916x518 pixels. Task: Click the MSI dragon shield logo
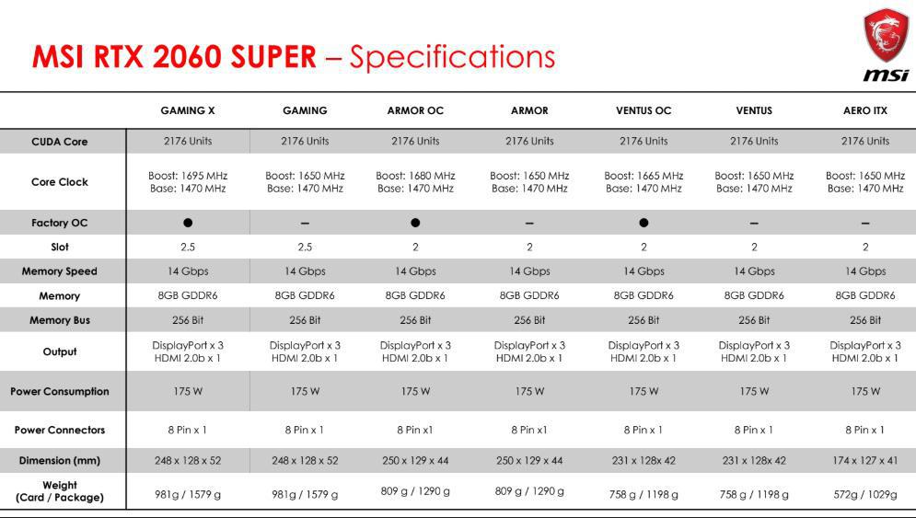click(887, 36)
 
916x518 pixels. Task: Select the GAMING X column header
click(188, 110)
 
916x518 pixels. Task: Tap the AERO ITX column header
click(865, 110)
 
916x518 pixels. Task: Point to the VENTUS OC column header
click(644, 110)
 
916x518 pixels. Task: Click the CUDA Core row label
click(60, 142)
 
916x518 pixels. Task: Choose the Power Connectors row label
click(60, 430)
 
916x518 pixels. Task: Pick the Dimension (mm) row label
click(60, 460)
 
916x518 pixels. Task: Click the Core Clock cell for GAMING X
click(188, 181)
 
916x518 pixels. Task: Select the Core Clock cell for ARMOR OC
click(415, 181)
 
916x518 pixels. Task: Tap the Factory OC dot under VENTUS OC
click(644, 223)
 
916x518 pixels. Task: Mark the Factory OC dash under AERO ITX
click(865, 223)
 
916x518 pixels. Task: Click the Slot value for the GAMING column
click(305, 247)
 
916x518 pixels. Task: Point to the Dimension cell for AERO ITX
click(865, 460)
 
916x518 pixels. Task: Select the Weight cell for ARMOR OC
click(415, 491)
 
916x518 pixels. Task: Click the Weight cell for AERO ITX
click(865, 495)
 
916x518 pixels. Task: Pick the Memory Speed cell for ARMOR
click(529, 271)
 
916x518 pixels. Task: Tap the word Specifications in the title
click(452, 57)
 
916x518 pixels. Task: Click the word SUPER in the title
click(273, 57)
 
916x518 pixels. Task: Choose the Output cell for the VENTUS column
click(754, 351)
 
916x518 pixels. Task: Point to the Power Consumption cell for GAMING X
click(188, 391)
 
